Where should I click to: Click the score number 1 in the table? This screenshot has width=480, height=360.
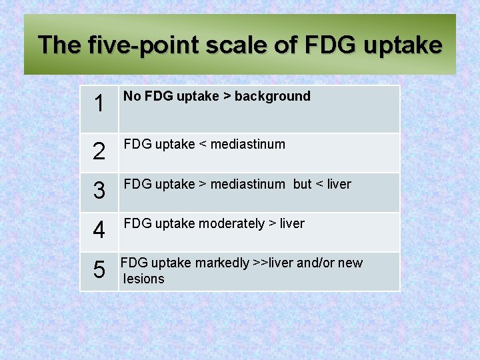[x=99, y=104]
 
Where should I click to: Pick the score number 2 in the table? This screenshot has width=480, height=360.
[x=99, y=152]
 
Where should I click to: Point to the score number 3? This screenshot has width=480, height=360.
[x=99, y=192]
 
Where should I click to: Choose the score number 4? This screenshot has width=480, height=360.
[x=99, y=231]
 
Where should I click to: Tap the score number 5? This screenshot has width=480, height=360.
[x=99, y=271]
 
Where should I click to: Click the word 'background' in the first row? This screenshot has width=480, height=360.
[x=273, y=97]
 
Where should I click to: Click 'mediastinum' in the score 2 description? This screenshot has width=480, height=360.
[x=247, y=145]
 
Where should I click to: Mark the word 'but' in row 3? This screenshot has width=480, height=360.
[x=302, y=185]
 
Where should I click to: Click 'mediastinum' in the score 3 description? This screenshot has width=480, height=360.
[x=247, y=185]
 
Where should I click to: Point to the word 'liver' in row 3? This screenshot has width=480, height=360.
[x=339, y=185]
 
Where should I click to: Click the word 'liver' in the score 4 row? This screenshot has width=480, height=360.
[x=292, y=224]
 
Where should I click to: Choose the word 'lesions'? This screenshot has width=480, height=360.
[x=144, y=279]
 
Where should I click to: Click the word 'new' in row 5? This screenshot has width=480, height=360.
[x=351, y=263]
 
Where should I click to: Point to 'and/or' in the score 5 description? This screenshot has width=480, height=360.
[x=316, y=263]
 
